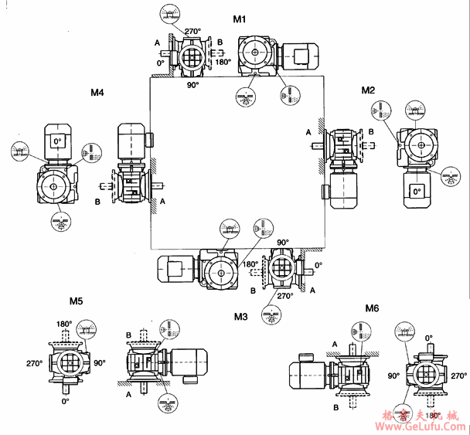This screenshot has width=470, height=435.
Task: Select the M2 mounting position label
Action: (x=368, y=90)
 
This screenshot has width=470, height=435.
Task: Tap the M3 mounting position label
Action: (x=240, y=316)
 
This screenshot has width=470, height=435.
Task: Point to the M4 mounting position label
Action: (x=97, y=93)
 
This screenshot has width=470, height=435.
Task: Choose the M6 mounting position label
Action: (x=373, y=308)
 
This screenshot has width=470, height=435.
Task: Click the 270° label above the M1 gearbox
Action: (x=192, y=32)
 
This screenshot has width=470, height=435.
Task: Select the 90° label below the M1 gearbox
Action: (x=193, y=85)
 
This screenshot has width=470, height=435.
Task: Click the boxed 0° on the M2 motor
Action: (x=417, y=190)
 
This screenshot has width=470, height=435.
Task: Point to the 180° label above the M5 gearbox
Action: (x=64, y=325)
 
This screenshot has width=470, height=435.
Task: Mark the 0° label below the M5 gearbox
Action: (x=65, y=401)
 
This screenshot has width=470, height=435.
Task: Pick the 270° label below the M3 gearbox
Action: (x=284, y=296)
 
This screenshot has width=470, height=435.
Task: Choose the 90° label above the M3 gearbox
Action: (x=283, y=243)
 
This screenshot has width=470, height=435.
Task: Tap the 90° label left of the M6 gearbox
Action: (x=393, y=376)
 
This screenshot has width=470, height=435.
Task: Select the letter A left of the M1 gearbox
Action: (x=158, y=42)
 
